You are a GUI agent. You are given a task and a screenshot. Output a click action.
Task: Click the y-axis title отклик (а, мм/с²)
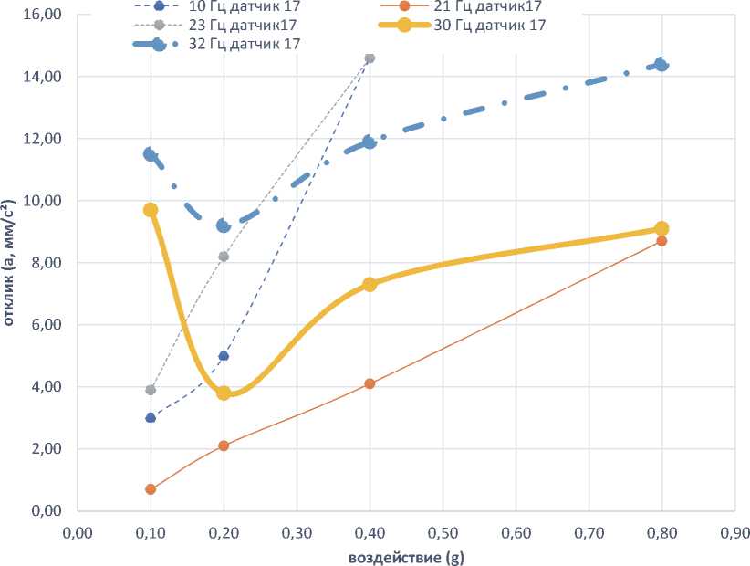coord(16,264)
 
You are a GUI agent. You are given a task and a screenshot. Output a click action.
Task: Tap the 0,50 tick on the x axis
coord(443,529)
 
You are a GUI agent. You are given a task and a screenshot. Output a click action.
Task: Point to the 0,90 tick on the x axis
coord(734,529)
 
